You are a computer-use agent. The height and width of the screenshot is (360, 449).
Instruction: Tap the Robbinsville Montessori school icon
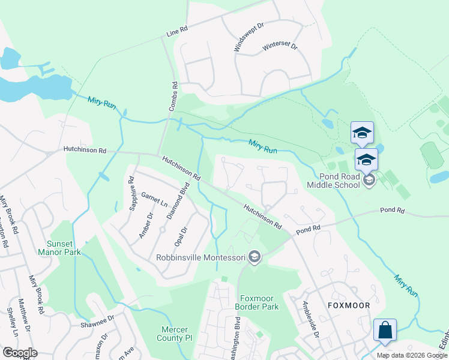255,257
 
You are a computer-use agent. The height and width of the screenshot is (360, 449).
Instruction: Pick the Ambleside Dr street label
313,318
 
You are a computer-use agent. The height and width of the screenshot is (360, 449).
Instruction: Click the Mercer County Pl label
175,334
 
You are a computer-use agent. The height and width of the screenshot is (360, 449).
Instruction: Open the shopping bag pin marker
385,330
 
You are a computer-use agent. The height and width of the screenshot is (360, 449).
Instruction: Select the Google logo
20,353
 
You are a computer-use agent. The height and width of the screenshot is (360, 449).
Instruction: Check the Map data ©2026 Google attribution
411,355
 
